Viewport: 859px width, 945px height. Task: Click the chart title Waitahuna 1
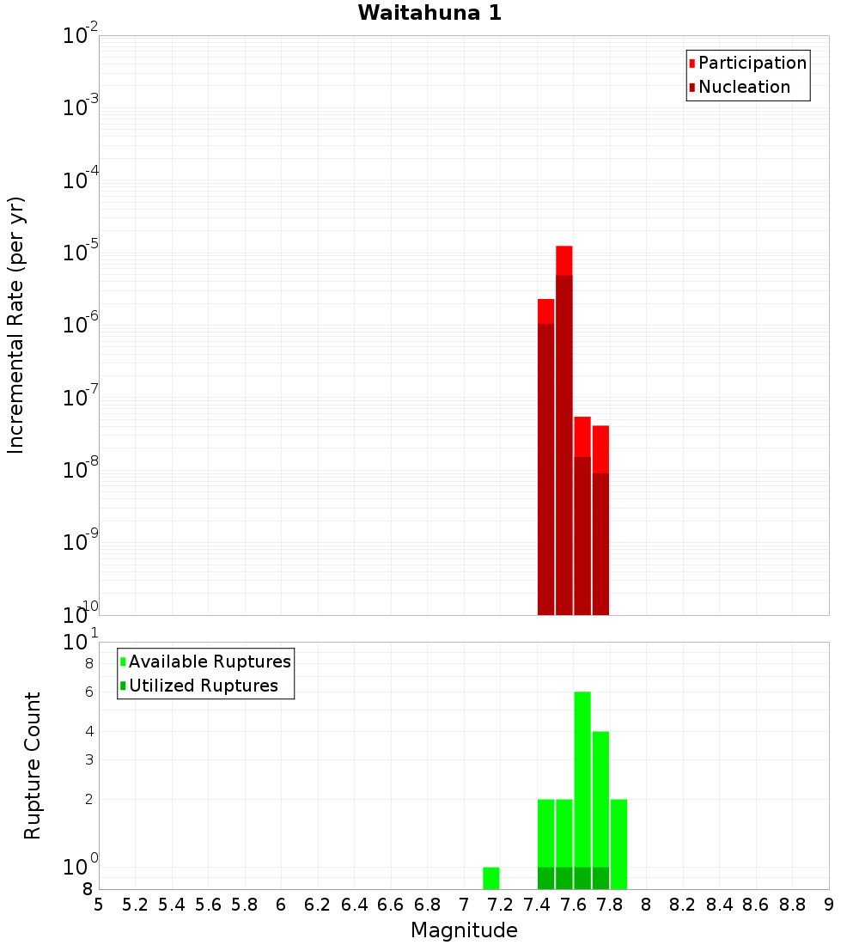click(x=429, y=13)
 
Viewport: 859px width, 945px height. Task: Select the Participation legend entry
click(x=752, y=63)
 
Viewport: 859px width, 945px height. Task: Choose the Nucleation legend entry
click(x=743, y=87)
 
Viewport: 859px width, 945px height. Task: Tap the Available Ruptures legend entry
click(x=209, y=661)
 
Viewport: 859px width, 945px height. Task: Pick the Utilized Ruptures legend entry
click(x=203, y=686)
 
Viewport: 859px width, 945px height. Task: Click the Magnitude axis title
click(x=464, y=930)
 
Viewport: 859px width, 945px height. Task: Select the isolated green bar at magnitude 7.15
click(x=491, y=878)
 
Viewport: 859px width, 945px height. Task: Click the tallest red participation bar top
click(x=564, y=249)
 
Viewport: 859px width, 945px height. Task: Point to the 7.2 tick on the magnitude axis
click(x=501, y=904)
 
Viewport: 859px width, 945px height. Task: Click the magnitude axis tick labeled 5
click(x=99, y=904)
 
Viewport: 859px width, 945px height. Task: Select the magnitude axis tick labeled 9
click(x=829, y=904)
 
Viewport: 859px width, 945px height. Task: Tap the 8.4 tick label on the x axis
click(x=719, y=904)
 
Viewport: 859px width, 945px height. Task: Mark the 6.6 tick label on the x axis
click(x=391, y=904)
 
